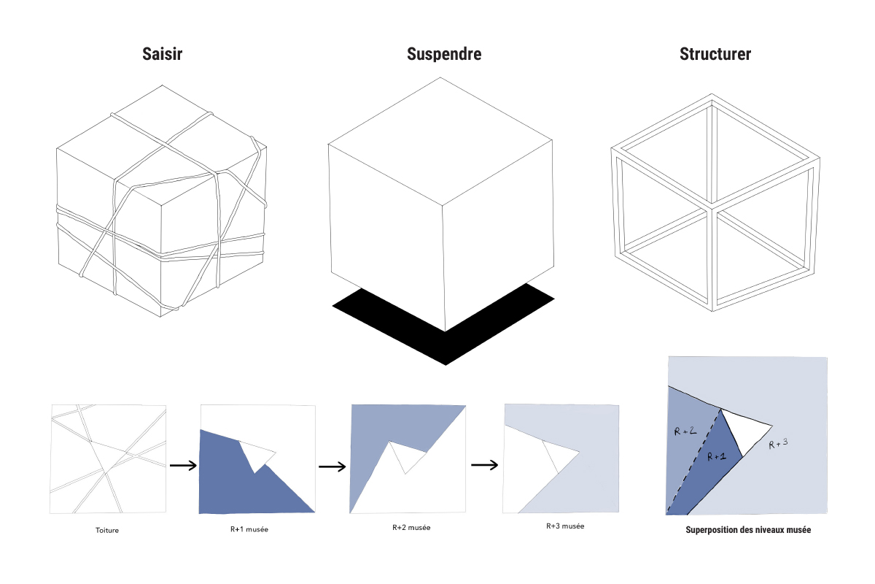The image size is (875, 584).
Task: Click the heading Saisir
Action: click(161, 55)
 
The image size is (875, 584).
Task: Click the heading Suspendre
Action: click(444, 55)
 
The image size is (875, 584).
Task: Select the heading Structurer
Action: click(715, 55)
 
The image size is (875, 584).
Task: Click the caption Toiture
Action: click(106, 530)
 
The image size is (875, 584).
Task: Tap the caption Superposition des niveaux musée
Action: click(748, 531)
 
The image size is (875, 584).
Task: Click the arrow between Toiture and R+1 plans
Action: click(182, 464)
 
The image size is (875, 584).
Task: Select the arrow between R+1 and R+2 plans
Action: click(332, 466)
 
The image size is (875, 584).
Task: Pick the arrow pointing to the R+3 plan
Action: click(484, 464)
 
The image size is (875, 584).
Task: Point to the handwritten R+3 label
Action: click(779, 444)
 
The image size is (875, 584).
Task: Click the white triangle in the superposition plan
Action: click(744, 430)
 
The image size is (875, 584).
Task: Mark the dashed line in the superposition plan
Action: click(693, 460)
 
